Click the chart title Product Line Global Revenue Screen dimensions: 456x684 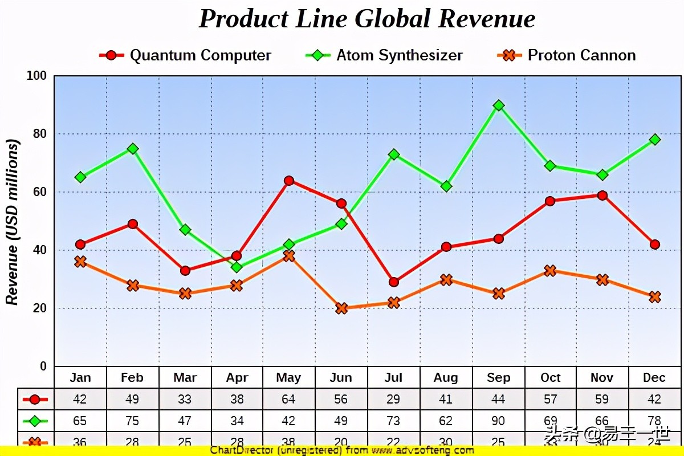[367, 19]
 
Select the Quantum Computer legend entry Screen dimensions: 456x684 [185, 55]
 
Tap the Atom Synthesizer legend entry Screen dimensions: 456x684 [384, 55]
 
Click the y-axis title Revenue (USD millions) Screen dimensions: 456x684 [13, 222]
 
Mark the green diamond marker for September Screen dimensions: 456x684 [499, 105]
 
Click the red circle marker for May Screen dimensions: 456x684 [289, 181]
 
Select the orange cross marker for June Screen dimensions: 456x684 [341, 308]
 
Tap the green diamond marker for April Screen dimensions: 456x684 [237, 267]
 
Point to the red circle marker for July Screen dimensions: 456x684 [394, 282]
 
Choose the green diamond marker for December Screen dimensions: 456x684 [655, 140]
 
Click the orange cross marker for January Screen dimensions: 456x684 [80, 262]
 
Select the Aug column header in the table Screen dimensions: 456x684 [446, 378]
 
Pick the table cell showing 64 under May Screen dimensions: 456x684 [289, 400]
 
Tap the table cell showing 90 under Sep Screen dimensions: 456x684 [498, 421]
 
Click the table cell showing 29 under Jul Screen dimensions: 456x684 [393, 400]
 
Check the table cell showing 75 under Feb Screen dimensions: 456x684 [132, 421]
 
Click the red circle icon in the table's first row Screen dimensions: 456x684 [35, 400]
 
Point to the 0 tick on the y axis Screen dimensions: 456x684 [43, 366]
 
